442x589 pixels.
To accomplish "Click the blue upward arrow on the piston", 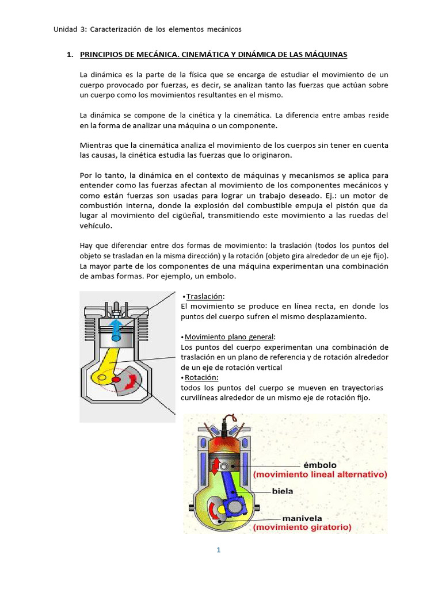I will click(116, 328).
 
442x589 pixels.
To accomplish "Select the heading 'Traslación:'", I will click(204, 296).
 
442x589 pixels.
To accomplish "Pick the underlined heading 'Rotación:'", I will click(201, 377).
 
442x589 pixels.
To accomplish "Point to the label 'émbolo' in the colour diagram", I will click(320, 465).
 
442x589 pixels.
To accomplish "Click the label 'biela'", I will click(283, 491).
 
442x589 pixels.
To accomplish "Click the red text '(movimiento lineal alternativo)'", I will click(320, 475).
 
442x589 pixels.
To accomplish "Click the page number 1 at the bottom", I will click(219, 550).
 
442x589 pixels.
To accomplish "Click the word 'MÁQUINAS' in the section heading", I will click(326, 55).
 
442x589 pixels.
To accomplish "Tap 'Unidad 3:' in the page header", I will click(69, 29).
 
